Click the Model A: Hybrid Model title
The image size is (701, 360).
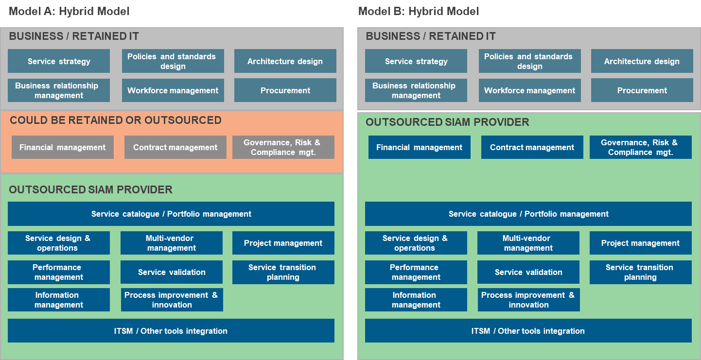(x=69, y=11)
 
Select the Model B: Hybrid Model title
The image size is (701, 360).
(x=419, y=11)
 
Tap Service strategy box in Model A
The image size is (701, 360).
(x=59, y=61)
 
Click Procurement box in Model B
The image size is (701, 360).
(x=642, y=90)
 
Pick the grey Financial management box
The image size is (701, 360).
(x=63, y=147)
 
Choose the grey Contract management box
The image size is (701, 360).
(x=175, y=147)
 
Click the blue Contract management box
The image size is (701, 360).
(x=532, y=147)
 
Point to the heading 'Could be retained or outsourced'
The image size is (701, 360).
(x=116, y=120)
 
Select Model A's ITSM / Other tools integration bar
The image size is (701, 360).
(x=171, y=330)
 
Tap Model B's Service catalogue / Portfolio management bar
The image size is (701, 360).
(x=528, y=214)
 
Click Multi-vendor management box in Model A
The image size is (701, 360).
(x=172, y=243)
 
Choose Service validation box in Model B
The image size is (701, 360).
(x=528, y=272)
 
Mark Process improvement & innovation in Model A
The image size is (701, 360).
(x=172, y=300)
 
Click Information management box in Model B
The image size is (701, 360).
(x=416, y=300)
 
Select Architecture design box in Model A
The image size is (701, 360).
(x=285, y=61)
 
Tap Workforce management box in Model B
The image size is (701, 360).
(x=529, y=90)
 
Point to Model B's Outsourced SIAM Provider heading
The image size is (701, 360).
(x=447, y=122)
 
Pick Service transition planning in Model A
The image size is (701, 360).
(x=283, y=272)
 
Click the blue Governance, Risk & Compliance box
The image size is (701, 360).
(x=641, y=147)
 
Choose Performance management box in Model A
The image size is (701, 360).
(x=59, y=272)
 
